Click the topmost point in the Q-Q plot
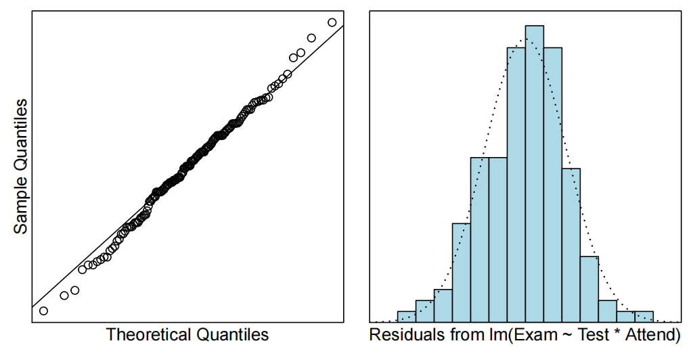(x=332, y=22)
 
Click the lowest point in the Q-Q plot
(x=43, y=311)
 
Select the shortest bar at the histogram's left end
(x=406, y=317)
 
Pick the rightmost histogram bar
(x=644, y=317)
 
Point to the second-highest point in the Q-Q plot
(x=311, y=38)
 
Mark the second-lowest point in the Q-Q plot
(x=64, y=295)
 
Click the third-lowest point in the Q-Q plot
(x=75, y=290)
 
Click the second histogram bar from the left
(x=424, y=311)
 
